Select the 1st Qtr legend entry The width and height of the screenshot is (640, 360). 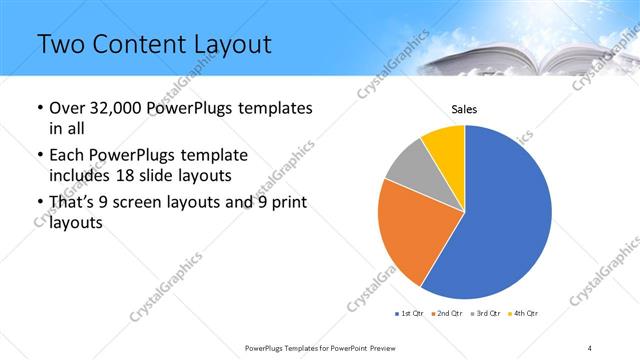411,314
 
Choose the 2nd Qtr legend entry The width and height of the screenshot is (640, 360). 449,314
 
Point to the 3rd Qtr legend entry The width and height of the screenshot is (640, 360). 487,314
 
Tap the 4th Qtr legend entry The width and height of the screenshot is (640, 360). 525,314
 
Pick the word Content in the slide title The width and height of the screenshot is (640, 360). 138,45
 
